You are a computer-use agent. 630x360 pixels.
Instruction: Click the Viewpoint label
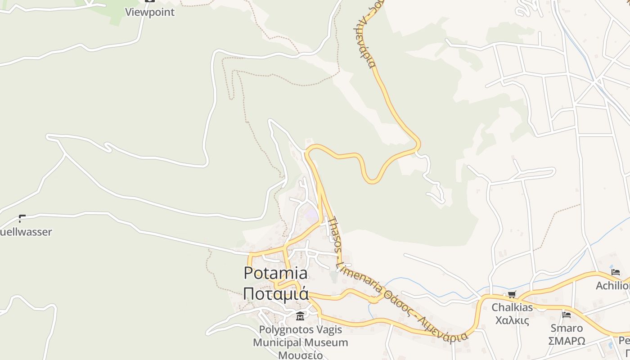click(149, 12)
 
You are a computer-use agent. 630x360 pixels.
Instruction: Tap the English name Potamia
click(275, 273)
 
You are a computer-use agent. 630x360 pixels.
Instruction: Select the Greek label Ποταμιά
click(275, 293)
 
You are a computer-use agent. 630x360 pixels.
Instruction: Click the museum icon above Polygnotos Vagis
click(300, 316)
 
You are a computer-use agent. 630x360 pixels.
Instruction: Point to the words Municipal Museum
click(300, 342)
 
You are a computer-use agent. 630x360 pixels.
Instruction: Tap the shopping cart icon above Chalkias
click(512, 295)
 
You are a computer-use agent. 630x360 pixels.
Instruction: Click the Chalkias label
click(512, 308)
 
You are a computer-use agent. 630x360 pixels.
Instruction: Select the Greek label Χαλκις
click(512, 320)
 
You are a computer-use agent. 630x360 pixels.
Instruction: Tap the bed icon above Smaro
click(567, 315)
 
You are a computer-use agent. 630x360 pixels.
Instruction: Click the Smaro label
click(567, 328)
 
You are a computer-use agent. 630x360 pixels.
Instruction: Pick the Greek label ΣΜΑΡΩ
click(567, 341)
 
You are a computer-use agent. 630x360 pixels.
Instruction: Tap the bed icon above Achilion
click(616, 272)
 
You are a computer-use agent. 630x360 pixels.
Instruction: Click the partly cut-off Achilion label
click(612, 286)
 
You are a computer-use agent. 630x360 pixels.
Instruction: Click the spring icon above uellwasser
click(21, 219)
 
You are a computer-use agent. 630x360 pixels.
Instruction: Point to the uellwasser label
click(26, 232)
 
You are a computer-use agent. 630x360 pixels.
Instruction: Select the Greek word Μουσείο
click(300, 355)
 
